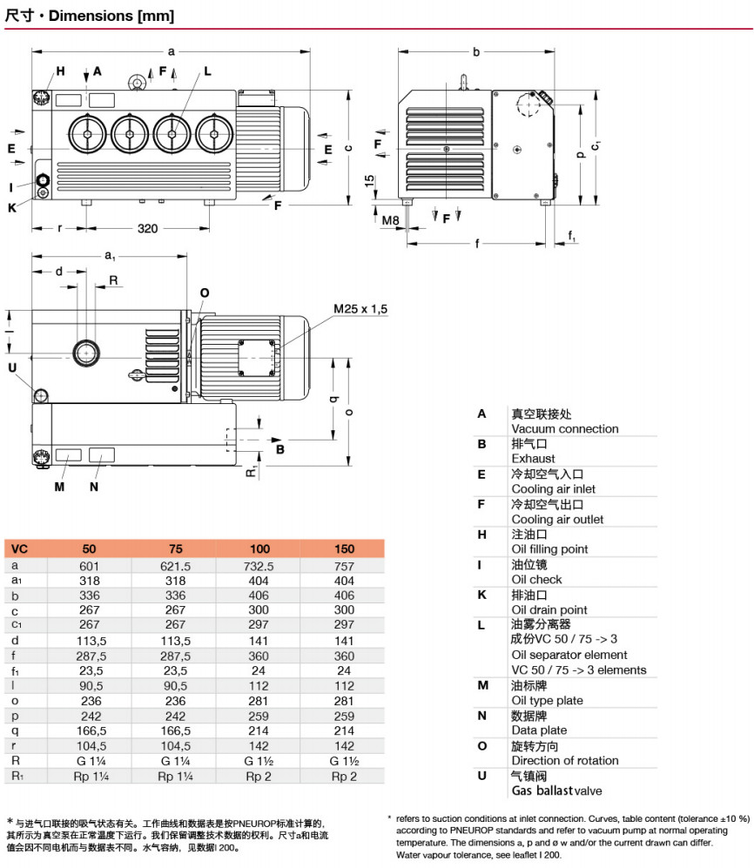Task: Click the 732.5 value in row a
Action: click(259, 565)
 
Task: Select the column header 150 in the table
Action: click(344, 549)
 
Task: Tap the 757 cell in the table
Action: click(344, 565)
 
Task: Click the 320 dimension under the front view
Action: click(148, 229)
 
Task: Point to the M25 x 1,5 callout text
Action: click(360, 309)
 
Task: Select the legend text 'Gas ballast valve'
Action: click(556, 791)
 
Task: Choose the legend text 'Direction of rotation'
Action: click(565, 760)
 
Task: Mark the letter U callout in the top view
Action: click(12, 367)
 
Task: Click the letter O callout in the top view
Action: click(204, 293)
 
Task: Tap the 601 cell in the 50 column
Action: click(90, 565)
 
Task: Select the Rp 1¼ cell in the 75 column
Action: click(175, 777)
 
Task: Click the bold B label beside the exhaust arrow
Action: click(280, 450)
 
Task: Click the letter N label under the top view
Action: click(94, 487)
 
